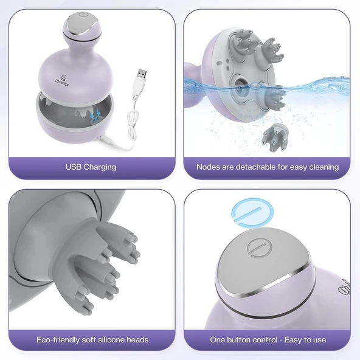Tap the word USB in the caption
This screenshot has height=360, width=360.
click(x=74, y=167)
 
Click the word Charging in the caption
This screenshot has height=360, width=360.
click(x=100, y=167)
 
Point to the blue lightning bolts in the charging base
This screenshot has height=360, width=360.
click(x=95, y=114)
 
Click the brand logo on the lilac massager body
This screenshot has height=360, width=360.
click(x=62, y=80)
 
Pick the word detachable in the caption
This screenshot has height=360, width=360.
click(x=256, y=167)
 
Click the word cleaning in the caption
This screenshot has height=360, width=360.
click(x=324, y=167)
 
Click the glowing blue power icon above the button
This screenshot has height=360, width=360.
click(x=252, y=212)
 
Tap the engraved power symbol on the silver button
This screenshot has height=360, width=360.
click(x=260, y=247)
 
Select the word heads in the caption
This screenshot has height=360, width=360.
click(x=137, y=339)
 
